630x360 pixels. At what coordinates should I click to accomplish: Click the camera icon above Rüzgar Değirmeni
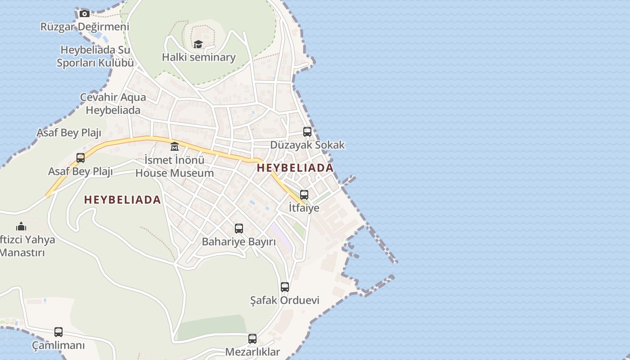tap(84, 13)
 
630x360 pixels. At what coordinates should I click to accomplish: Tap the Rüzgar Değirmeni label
tap(85, 27)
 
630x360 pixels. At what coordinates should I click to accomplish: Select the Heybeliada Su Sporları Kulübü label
tap(95, 56)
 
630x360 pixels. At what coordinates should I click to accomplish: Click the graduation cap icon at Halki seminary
tap(198, 44)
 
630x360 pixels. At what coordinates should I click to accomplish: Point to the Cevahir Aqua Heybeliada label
tap(113, 103)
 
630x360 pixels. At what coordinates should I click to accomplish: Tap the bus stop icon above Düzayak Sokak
tap(307, 132)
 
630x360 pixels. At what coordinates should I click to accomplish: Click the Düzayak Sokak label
tap(307, 144)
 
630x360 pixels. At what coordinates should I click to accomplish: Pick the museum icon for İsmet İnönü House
tap(175, 146)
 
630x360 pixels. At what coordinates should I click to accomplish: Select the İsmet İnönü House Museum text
tap(175, 166)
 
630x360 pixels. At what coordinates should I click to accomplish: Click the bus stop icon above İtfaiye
tap(304, 195)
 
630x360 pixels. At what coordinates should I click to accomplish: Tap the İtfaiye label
tap(304, 207)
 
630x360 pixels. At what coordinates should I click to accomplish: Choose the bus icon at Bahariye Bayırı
tap(239, 229)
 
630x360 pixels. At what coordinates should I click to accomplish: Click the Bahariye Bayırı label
tap(238, 242)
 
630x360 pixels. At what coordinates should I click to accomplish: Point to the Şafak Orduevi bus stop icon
tap(285, 287)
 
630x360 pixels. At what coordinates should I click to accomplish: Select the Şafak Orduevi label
tap(284, 300)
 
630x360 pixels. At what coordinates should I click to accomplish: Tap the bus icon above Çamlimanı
tap(58, 332)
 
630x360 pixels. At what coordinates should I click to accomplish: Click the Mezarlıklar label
tap(252, 352)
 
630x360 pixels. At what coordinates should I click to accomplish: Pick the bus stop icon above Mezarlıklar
tap(252, 339)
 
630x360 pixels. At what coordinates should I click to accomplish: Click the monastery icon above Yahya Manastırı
tap(21, 226)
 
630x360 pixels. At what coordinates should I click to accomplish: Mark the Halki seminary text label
tap(198, 57)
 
